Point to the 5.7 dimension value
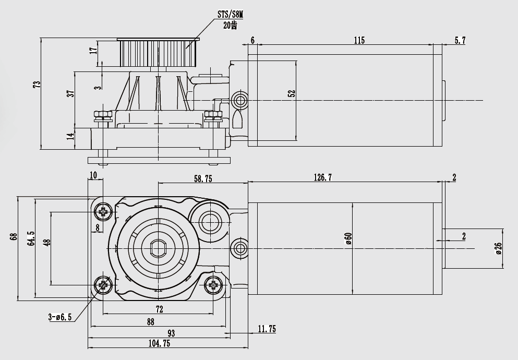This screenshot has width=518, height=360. click(460, 40)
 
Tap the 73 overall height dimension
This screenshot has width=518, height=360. click(37, 85)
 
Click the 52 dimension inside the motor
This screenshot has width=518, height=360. click(292, 93)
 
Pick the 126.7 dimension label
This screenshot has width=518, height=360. click(323, 178)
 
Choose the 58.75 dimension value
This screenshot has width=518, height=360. click(203, 178)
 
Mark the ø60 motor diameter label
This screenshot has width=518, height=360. click(348, 238)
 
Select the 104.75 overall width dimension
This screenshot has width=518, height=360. click(159, 343)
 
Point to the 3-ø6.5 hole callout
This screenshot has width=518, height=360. click(59, 317)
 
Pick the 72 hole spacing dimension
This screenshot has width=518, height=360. click(160, 309)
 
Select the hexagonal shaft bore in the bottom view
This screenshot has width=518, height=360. click(158, 248)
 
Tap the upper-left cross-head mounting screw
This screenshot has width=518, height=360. click(103, 211)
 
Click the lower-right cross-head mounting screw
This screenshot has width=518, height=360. click(213, 285)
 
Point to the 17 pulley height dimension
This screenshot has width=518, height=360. click(93, 51)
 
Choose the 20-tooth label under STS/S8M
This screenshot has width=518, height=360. click(230, 26)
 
